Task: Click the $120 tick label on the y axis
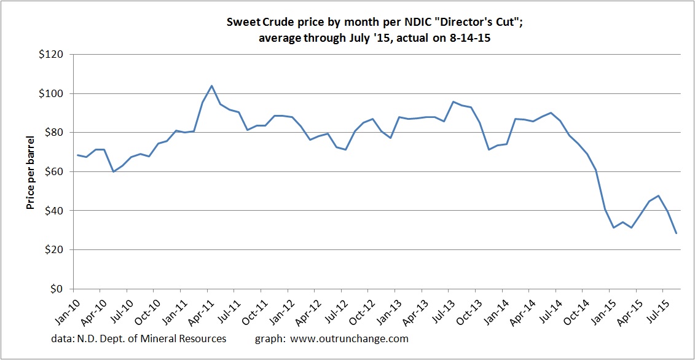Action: pos(53,55)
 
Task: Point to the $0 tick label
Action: pos(60,289)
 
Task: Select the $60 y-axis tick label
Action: pos(56,171)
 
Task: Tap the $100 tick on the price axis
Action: pos(53,94)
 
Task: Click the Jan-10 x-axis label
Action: pos(61,309)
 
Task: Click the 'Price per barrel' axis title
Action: pos(29,171)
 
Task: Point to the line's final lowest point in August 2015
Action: pos(677,233)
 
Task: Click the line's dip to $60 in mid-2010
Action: pos(114,171)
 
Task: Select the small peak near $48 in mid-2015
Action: pos(659,196)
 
